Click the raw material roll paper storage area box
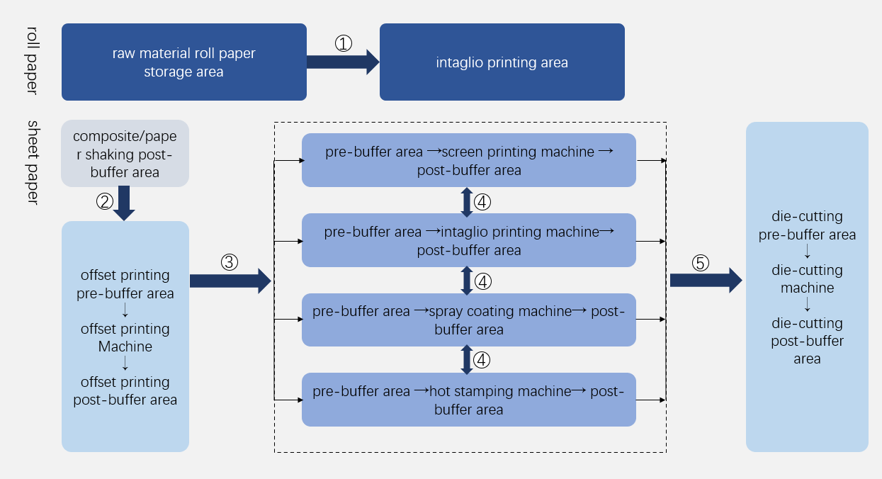pos(184,62)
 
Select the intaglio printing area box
pos(502,62)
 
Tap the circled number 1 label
pos(344,43)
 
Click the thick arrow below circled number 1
pos(343,62)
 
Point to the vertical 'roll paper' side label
pos(33,60)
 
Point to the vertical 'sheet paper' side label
pos(33,162)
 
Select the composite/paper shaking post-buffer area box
pos(125,154)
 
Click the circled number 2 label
pos(104,201)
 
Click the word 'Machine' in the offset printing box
pos(125,347)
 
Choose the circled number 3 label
pos(229,262)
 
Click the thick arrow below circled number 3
pos(230,281)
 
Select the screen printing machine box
pos(469,161)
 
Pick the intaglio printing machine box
pos(469,241)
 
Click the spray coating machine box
pos(469,320)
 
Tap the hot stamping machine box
pos(469,400)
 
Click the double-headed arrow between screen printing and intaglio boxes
pos(467,202)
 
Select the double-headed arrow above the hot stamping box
pos(467,360)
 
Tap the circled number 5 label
pos(700,263)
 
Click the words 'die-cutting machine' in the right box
pos(808,279)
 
